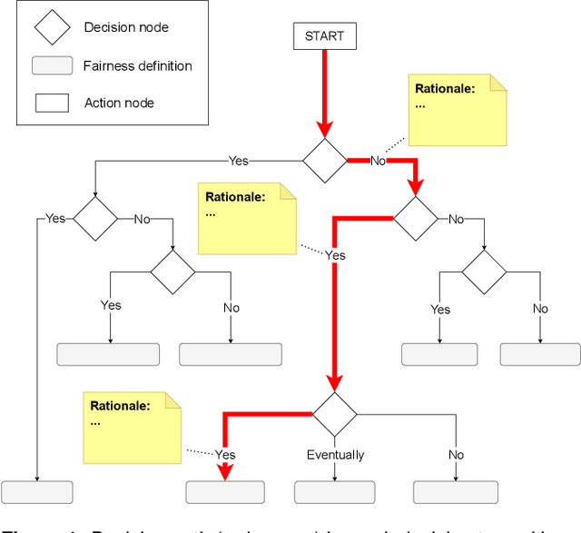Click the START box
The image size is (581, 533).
pyautogui.click(x=324, y=37)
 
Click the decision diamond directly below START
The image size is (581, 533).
pyautogui.click(x=324, y=162)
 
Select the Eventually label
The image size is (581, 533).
pyautogui.click(x=335, y=455)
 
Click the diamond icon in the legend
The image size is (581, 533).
pyautogui.click(x=52, y=27)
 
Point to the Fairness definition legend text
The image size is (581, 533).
pyautogui.click(x=138, y=65)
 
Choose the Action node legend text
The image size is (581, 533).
pyautogui.click(x=119, y=103)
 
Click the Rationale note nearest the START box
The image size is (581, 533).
pyautogui.click(x=458, y=109)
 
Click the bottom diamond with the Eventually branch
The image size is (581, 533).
pyautogui.click(x=335, y=414)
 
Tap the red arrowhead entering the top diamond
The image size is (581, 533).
pyautogui.click(x=324, y=130)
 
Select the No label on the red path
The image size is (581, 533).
pyautogui.click(x=379, y=162)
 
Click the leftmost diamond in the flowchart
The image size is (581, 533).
pyautogui.click(x=95, y=219)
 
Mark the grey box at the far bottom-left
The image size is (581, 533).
pyautogui.click(x=37, y=492)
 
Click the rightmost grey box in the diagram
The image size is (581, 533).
pyautogui.click(x=540, y=354)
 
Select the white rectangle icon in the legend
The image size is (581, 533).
pyautogui.click(x=52, y=103)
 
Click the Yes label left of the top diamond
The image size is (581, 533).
pyautogui.click(x=238, y=161)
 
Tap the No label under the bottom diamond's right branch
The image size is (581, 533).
pyautogui.click(x=456, y=455)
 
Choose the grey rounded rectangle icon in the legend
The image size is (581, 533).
pyautogui.click(x=52, y=65)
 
